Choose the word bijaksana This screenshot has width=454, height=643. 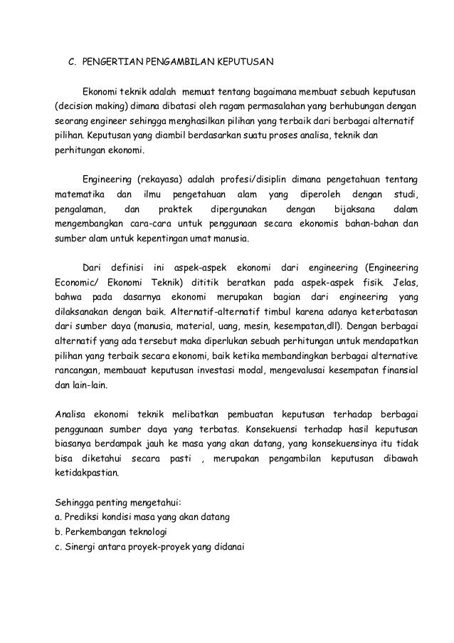[349, 210]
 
